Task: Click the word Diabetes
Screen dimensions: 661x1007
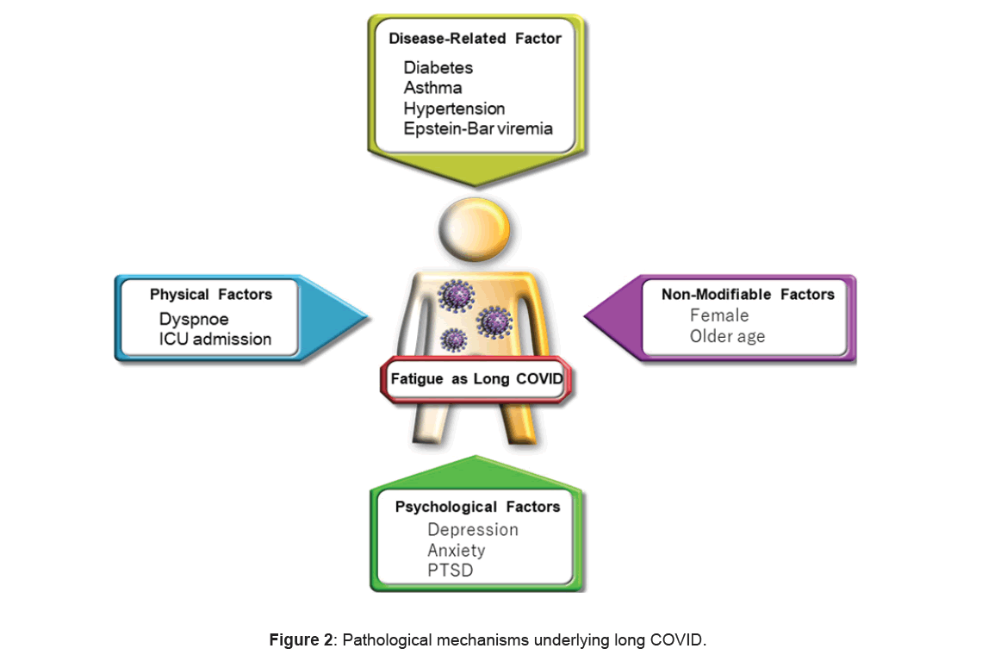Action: [438, 67]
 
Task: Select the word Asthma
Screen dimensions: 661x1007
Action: [432, 88]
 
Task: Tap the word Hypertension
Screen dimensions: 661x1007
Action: [454, 109]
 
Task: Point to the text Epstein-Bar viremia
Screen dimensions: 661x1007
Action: [478, 129]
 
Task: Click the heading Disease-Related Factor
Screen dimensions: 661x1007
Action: [475, 39]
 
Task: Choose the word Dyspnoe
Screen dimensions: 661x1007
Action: [194, 319]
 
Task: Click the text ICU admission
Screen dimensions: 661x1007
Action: [214, 340]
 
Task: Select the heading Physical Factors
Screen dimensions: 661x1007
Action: [210, 295]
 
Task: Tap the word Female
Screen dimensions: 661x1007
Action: [719, 315]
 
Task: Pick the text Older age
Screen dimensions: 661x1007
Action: [727, 336]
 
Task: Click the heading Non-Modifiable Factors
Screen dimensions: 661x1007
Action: [748, 295]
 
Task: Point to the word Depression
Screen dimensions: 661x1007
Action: [473, 529]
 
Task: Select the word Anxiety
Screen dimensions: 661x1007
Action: [456, 550]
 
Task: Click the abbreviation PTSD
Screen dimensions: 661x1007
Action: [450, 571]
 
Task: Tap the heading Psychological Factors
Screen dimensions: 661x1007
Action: [477, 507]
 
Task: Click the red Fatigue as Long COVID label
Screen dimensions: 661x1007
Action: [476, 377]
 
